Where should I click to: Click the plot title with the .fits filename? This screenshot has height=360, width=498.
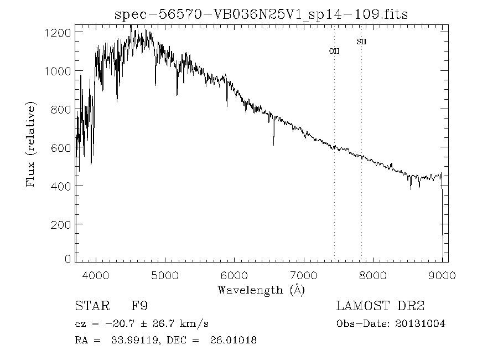pyautogui.click(x=261, y=14)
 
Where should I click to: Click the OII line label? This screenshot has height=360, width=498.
pyautogui.click(x=334, y=51)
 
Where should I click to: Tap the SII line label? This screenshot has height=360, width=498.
pyautogui.click(x=361, y=42)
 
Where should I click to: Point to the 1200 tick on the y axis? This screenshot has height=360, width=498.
pyautogui.click(x=57, y=33)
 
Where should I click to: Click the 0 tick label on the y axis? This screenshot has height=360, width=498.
pyautogui.click(x=68, y=259)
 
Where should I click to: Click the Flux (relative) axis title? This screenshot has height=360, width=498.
pyautogui.click(x=31, y=144)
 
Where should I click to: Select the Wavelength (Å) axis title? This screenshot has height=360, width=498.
pyautogui.click(x=261, y=290)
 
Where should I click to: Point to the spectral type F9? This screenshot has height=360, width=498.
pyautogui.click(x=139, y=306)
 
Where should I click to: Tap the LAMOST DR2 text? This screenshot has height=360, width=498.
pyautogui.click(x=380, y=306)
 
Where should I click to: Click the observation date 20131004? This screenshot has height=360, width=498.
pyautogui.click(x=421, y=323)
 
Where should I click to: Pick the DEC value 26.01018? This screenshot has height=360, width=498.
pyautogui.click(x=233, y=340)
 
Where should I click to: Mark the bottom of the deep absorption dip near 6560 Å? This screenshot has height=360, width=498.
pyautogui.click(x=273, y=145)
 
